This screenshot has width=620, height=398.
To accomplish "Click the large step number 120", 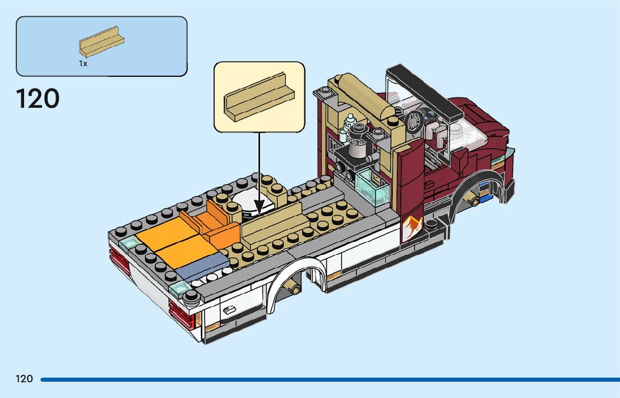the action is [x=38, y=99].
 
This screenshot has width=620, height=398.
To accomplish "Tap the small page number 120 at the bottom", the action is [x=24, y=379].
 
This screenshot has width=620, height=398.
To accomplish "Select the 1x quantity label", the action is [x=83, y=64].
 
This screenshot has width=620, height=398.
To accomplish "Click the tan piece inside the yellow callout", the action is [x=259, y=97].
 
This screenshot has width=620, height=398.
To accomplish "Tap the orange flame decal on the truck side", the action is [x=413, y=227].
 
